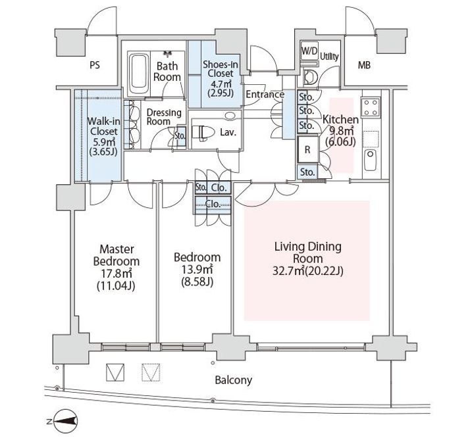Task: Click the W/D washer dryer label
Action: tap(309, 51)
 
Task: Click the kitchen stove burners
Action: tap(371, 107)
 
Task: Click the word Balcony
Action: tap(233, 380)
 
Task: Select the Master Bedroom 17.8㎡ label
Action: tap(117, 267)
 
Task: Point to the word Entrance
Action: tap(265, 95)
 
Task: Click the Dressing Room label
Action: tap(163, 116)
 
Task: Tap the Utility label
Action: tap(330, 57)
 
